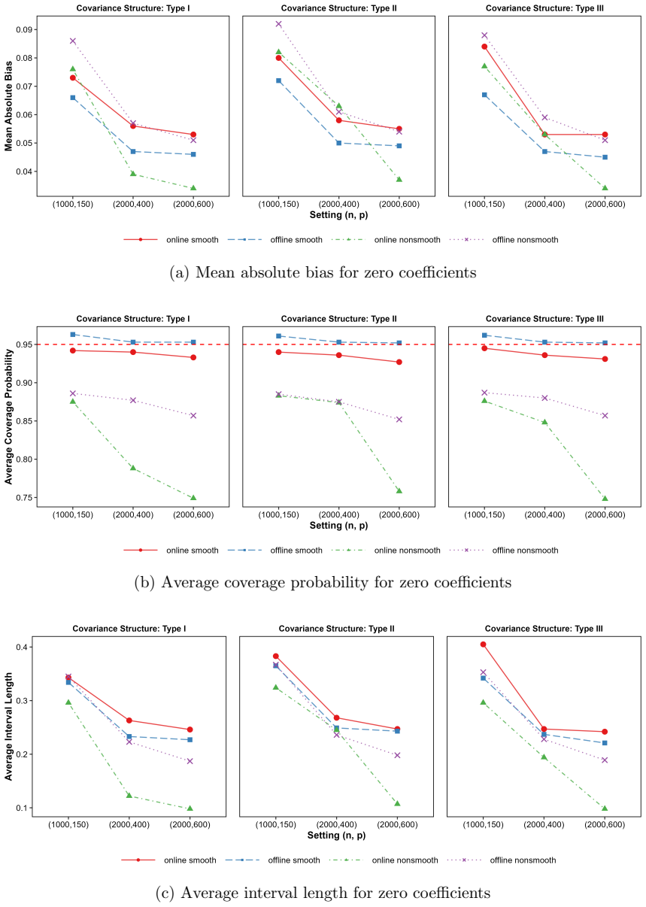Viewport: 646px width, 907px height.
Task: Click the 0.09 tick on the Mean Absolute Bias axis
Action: click(x=24, y=29)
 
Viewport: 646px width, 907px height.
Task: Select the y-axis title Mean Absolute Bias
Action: click(x=8, y=106)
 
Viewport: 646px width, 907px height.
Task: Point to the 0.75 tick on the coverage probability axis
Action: click(x=24, y=498)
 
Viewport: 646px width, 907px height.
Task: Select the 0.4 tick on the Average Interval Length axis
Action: click(x=22, y=647)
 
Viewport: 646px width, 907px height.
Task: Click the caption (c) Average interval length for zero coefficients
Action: click(x=323, y=893)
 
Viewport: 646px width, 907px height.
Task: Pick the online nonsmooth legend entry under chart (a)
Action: click(x=386, y=240)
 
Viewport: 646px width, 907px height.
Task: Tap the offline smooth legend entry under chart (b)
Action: click(x=275, y=551)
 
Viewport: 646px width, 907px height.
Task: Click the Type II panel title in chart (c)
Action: click(x=336, y=629)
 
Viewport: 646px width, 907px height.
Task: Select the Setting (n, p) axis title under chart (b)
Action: click(x=338, y=525)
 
